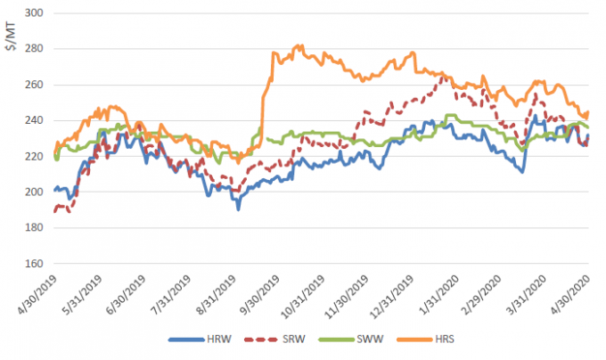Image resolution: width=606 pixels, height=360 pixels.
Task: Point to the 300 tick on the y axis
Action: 37,13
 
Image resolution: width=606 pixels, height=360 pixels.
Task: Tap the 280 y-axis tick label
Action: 37,49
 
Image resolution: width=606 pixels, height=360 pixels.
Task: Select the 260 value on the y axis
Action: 37,85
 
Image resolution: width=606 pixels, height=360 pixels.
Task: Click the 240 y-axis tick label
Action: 37,120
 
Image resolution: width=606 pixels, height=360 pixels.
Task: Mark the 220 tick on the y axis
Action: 37,156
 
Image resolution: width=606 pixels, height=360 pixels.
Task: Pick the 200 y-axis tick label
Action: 37,192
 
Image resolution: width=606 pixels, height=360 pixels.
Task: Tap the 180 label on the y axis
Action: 37,227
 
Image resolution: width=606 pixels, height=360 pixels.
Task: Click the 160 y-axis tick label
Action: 37,263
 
